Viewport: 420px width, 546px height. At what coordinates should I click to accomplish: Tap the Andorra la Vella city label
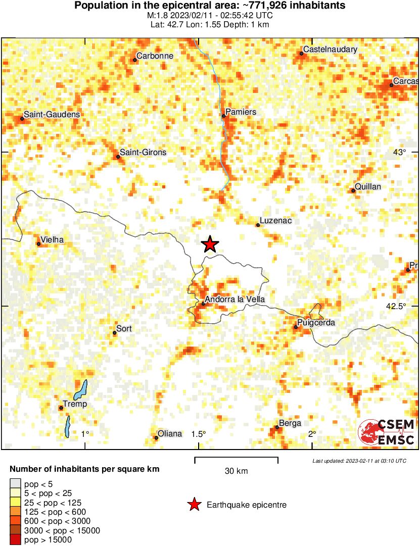click(x=235, y=300)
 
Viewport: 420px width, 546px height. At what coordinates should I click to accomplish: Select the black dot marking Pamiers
click(x=223, y=116)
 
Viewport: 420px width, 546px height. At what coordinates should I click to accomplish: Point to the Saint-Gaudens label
click(x=52, y=115)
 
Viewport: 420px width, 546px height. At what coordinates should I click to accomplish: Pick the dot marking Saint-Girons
click(x=118, y=157)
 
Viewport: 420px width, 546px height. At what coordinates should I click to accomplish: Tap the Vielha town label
click(x=52, y=240)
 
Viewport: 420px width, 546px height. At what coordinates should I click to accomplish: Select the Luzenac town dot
click(x=258, y=225)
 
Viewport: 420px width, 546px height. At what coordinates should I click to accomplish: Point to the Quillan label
click(x=368, y=187)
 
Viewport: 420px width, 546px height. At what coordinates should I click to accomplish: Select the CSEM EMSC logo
click(x=387, y=433)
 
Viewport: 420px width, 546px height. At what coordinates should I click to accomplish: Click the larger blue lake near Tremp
click(x=80, y=390)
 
